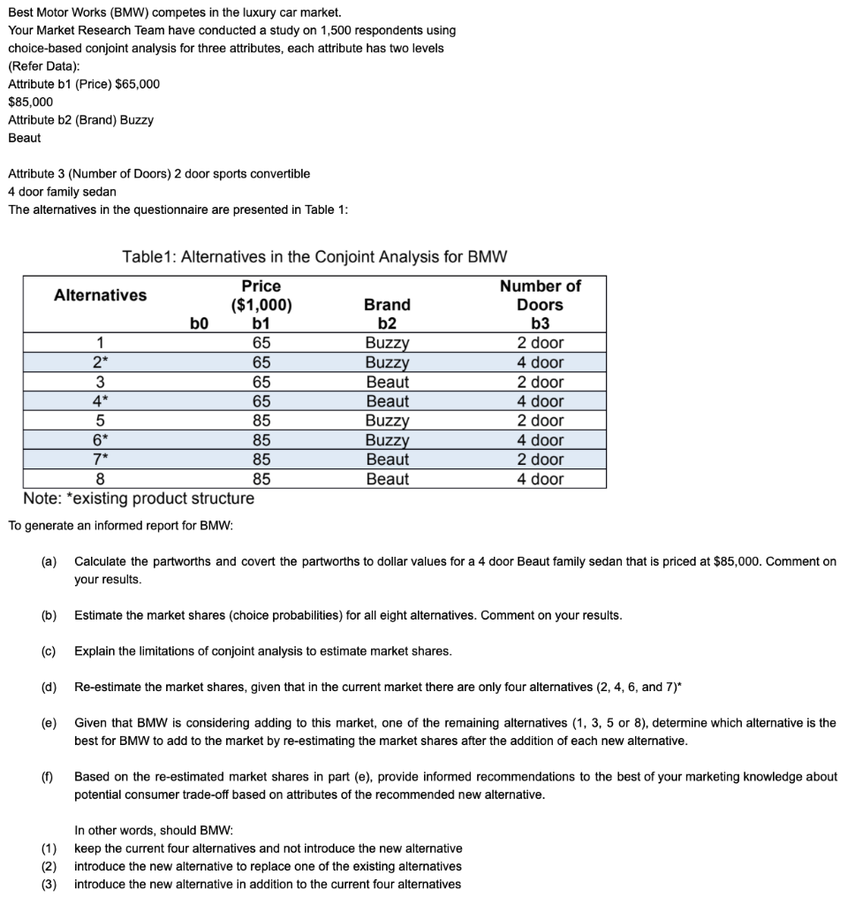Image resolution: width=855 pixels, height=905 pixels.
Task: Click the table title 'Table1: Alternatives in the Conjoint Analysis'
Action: point(314,257)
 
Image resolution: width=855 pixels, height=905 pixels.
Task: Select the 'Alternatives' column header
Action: point(101,295)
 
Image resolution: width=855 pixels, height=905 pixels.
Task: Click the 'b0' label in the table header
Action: point(200,323)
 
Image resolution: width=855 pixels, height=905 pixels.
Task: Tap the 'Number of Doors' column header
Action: point(540,295)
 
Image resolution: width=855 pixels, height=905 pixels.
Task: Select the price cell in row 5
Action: point(261,421)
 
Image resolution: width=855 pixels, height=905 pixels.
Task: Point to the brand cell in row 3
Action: point(387,382)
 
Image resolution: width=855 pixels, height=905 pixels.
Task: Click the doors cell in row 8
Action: point(540,479)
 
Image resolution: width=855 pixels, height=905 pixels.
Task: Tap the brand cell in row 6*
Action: point(387,440)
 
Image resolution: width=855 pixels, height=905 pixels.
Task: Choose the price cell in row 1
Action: point(261,343)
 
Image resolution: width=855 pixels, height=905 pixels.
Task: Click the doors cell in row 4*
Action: point(540,401)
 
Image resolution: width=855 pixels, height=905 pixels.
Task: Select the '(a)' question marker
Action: point(49,561)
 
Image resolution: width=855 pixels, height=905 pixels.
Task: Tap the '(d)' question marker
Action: point(49,687)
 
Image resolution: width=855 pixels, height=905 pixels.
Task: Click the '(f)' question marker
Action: point(47,777)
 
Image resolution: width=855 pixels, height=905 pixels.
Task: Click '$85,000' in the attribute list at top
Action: point(30,102)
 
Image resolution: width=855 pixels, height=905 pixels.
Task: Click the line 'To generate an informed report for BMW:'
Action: point(120,526)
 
